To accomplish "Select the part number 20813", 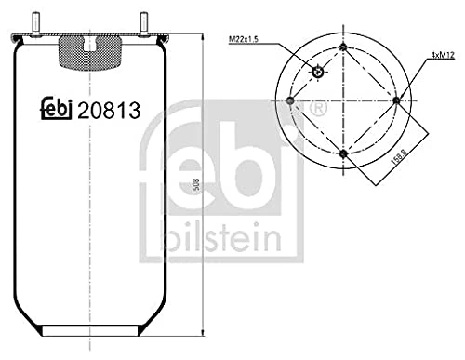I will coord(109,111).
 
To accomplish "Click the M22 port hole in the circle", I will coord(318,73).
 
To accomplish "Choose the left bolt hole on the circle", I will coord(291,100).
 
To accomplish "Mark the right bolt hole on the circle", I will coord(397,100).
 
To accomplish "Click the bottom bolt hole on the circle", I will coord(343,153).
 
